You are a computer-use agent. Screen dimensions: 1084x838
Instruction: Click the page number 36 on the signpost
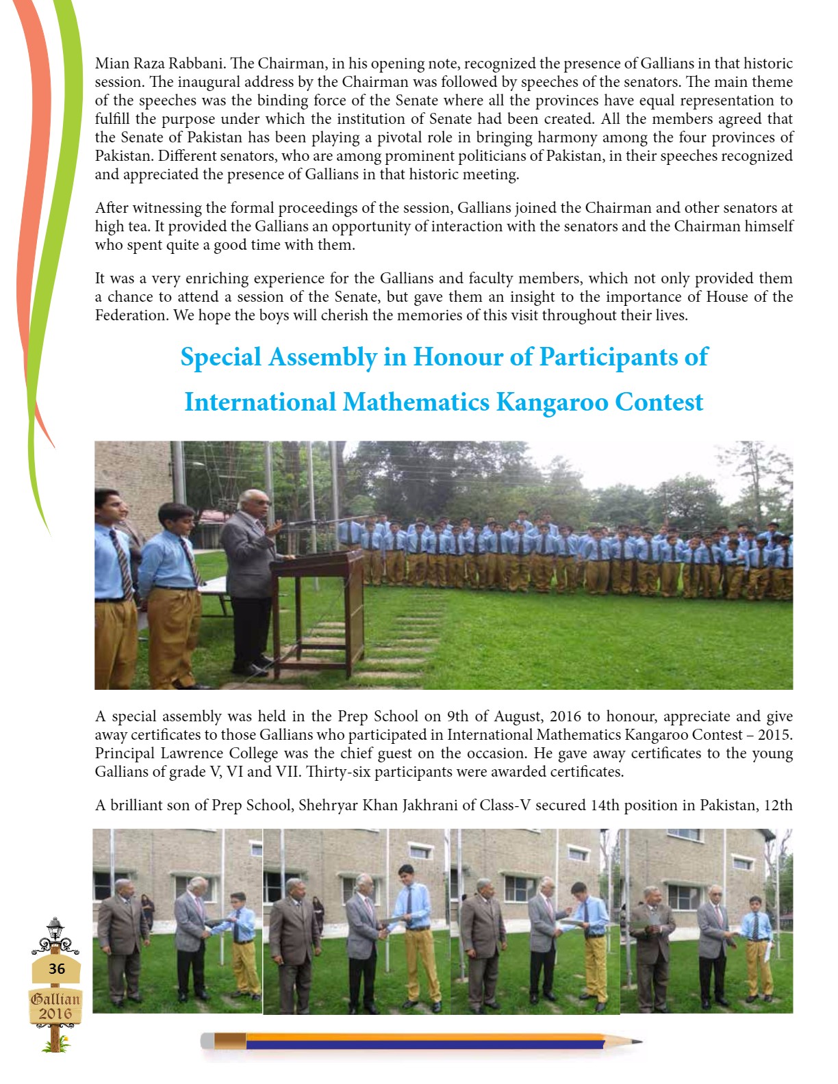point(56,968)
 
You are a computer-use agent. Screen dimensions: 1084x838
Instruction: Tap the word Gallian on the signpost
point(55,998)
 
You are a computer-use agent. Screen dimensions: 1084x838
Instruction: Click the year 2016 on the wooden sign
point(55,1014)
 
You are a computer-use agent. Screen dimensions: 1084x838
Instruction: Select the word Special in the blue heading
point(220,357)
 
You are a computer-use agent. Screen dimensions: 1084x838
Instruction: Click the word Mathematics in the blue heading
point(416,402)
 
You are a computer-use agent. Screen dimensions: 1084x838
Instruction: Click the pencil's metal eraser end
point(207,1041)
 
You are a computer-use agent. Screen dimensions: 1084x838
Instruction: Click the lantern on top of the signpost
point(55,929)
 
